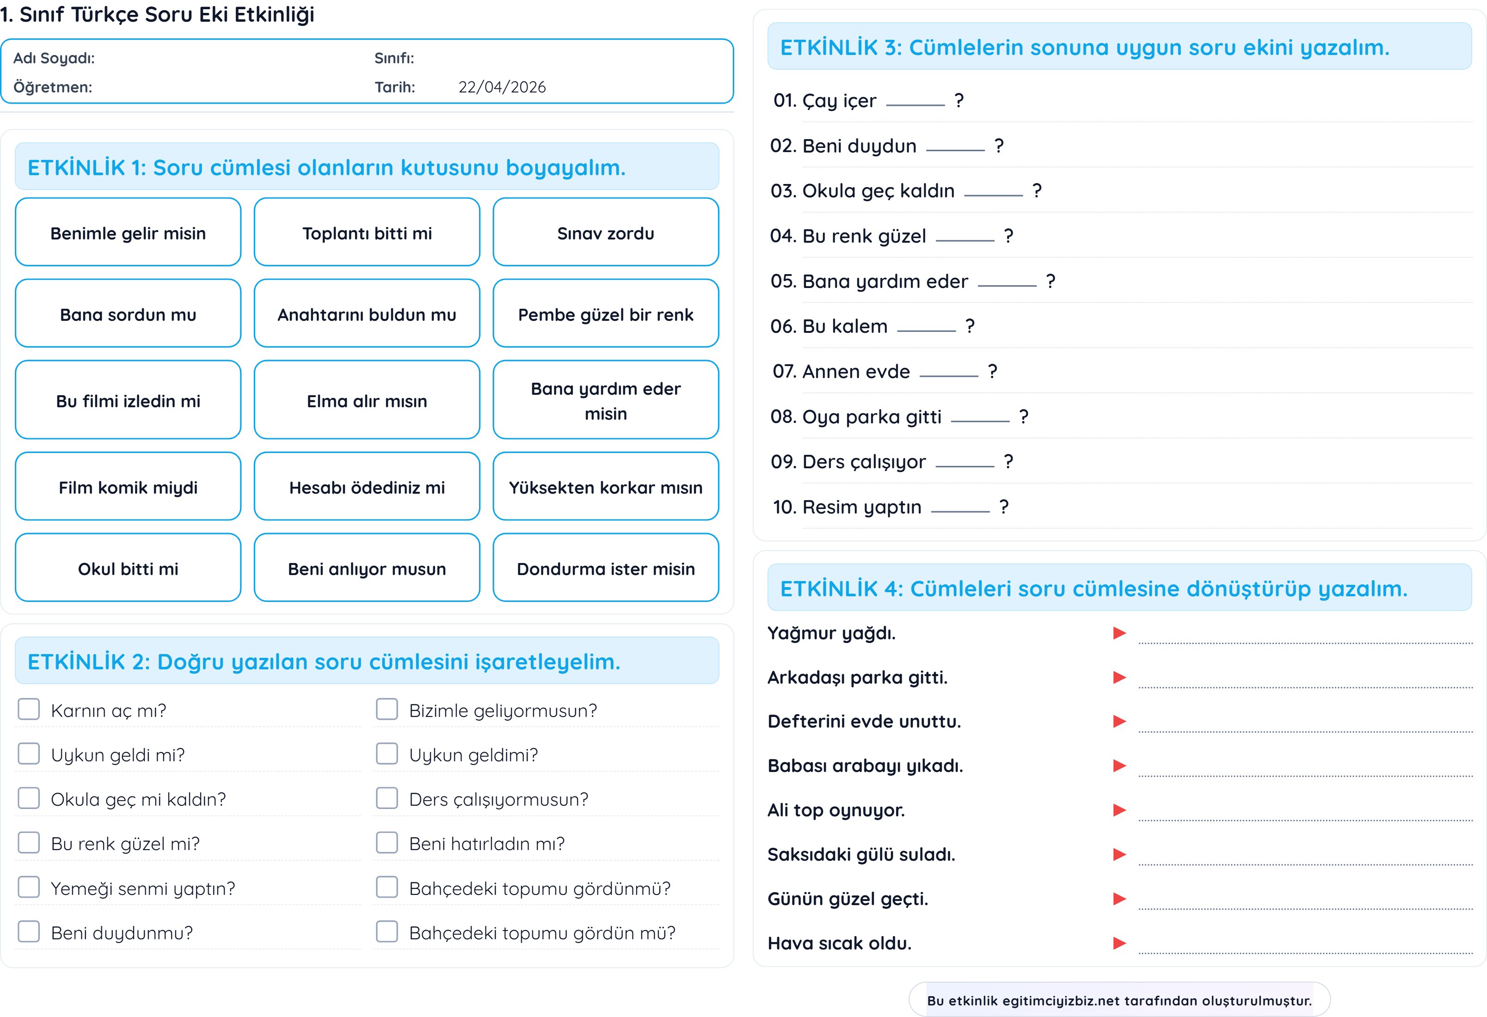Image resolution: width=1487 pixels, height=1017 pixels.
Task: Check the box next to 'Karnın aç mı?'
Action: [x=29, y=709]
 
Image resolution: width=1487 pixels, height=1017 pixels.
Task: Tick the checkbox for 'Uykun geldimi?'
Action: [x=387, y=754]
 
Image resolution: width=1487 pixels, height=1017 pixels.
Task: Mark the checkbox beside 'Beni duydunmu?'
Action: [x=29, y=931]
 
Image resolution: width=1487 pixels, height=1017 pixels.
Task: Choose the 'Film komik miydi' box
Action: [x=128, y=487]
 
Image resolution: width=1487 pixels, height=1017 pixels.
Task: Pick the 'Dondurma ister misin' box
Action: [x=605, y=568]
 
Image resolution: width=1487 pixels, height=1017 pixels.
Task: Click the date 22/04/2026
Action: [x=502, y=87]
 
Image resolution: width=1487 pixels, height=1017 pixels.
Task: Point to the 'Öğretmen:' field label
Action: [x=52, y=87]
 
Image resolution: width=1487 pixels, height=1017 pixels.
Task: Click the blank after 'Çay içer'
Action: [x=915, y=102]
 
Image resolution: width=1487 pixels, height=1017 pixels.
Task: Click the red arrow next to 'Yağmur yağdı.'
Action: [x=1119, y=633]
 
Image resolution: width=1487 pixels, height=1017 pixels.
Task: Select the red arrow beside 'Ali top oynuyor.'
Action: [x=1119, y=810]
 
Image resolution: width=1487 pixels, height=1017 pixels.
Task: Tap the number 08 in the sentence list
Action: [x=782, y=417]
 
